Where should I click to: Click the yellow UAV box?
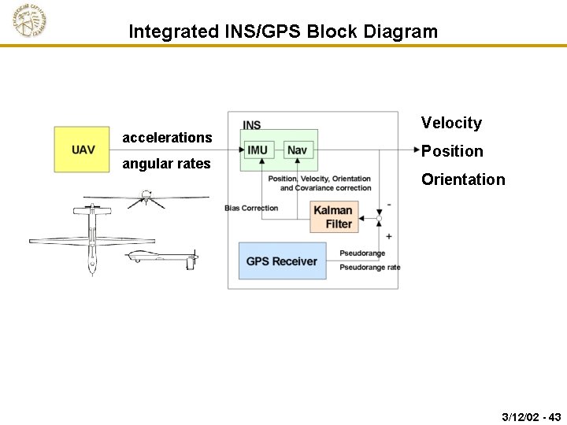82,150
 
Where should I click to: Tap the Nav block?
297,150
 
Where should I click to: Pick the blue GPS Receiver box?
282,261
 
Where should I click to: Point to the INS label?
252,125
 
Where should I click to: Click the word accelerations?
167,138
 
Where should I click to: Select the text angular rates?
166,164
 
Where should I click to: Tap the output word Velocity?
451,123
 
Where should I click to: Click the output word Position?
452,151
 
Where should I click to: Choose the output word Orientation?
463,179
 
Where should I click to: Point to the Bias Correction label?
251,208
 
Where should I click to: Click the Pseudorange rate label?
369,268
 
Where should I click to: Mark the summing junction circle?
379,218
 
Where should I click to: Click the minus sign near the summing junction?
389,205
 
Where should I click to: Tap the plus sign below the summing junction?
389,236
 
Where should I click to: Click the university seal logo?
29,21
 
